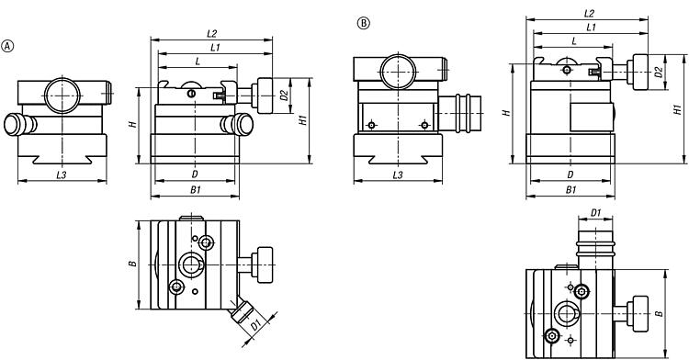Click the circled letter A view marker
8,46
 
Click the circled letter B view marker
364,23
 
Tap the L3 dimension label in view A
62,174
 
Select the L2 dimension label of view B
589,13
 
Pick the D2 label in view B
659,72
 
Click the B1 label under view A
195,190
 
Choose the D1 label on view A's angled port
255,325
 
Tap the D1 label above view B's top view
595,213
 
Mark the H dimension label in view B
507,113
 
